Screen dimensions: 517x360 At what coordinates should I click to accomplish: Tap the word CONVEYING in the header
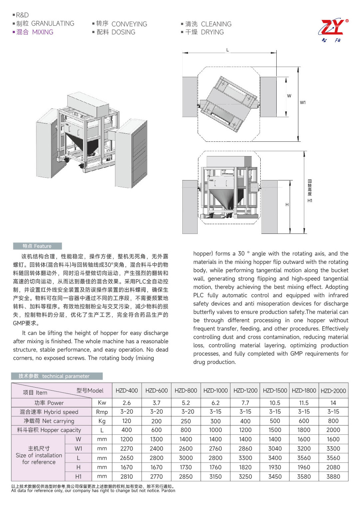pyautogui.click(x=129, y=24)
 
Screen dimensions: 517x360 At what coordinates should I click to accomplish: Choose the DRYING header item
pyautogui.click(x=212, y=32)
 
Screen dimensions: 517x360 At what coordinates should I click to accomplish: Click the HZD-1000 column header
pyautogui.click(x=215, y=391)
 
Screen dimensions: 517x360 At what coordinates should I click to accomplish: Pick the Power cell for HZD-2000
pyautogui.click(x=333, y=403)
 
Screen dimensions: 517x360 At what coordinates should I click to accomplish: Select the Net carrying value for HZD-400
pyautogui.click(x=127, y=421)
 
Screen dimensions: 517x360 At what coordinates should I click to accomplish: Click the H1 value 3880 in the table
pyautogui.click(x=333, y=477)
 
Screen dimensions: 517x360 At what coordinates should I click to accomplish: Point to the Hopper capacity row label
pyautogui.click(x=49, y=430)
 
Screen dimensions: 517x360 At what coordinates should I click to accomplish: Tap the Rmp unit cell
pyautogui.click(x=102, y=412)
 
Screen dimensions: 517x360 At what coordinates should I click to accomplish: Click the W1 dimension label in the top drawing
pyautogui.click(x=303, y=103)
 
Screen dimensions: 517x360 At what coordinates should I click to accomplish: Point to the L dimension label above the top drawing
pyautogui.click(x=228, y=50)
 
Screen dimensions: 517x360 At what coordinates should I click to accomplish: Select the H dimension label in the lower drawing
pyautogui.click(x=287, y=205)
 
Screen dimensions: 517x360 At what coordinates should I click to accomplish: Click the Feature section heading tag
pyautogui.click(x=37, y=246)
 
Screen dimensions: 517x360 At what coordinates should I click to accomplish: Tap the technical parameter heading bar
pyautogui.click(x=57, y=376)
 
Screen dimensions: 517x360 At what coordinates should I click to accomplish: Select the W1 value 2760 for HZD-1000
pyautogui.click(x=215, y=449)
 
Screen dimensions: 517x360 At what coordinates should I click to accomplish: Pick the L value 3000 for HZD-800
pyautogui.click(x=186, y=458)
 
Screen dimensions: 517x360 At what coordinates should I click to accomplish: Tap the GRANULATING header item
pyautogui.click(x=52, y=24)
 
